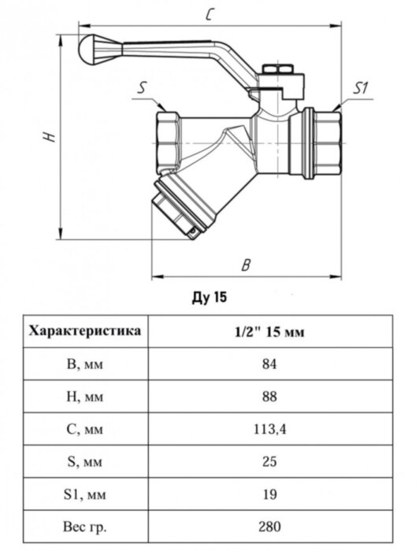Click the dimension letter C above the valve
pos(209,14)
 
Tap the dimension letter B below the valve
pos(246,265)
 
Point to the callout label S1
pos(360,87)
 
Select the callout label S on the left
pos(141,87)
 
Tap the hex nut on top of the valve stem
pos(278,69)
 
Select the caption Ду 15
pos(209,298)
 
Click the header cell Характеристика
pos(85,331)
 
